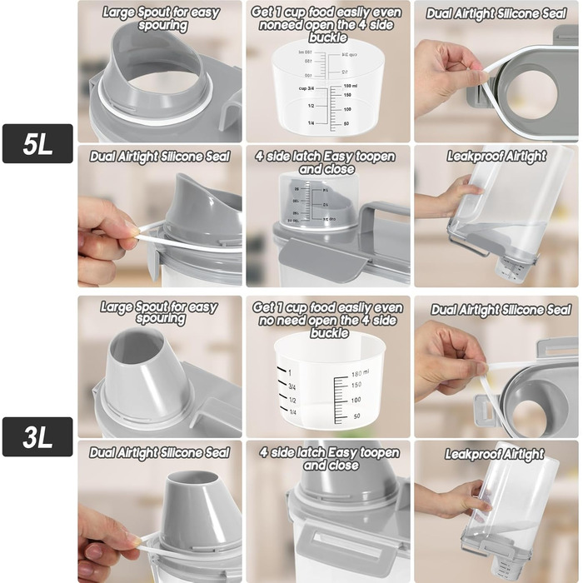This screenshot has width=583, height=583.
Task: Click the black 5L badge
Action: [x=37, y=143]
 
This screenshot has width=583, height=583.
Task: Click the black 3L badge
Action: [x=37, y=436]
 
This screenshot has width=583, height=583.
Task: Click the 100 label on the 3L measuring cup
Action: [x=356, y=400]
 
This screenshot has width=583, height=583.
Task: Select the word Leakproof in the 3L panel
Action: [x=470, y=454]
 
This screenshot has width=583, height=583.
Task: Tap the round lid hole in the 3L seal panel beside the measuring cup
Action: [x=529, y=416]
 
